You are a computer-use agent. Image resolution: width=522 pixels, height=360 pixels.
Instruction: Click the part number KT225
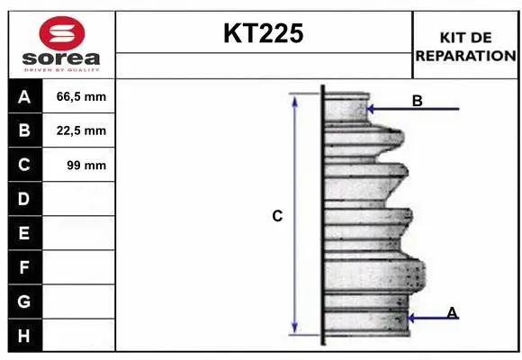[264, 33]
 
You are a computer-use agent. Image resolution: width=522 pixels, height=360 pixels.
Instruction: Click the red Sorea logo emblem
[62, 33]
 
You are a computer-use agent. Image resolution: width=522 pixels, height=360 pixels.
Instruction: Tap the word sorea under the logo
[61, 58]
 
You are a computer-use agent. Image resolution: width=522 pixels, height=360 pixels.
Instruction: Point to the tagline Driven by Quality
[61, 70]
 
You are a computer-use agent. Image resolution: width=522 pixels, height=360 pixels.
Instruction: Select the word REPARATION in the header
[465, 56]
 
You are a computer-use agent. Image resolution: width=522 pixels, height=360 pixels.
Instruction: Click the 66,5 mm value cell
[79, 96]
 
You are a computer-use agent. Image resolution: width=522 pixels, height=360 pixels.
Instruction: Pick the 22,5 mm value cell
[79, 130]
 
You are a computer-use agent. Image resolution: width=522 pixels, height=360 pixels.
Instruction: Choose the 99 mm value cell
[79, 165]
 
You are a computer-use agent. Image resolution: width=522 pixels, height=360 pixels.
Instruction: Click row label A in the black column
[24, 97]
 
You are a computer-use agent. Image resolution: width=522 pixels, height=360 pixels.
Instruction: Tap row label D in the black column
[24, 199]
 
